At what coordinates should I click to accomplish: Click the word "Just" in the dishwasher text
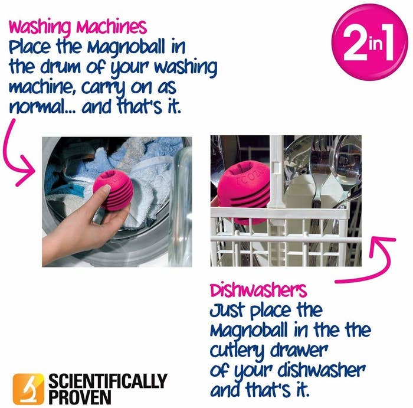(x=228, y=309)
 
